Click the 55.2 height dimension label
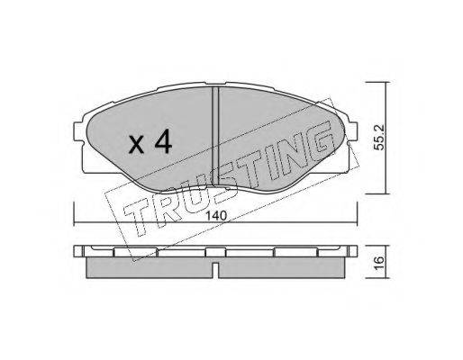click(x=379, y=137)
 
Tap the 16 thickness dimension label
click(x=379, y=260)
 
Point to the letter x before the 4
click(x=136, y=146)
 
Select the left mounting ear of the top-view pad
click(x=78, y=131)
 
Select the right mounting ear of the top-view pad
click(x=353, y=131)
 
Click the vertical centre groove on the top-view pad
click(x=215, y=137)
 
